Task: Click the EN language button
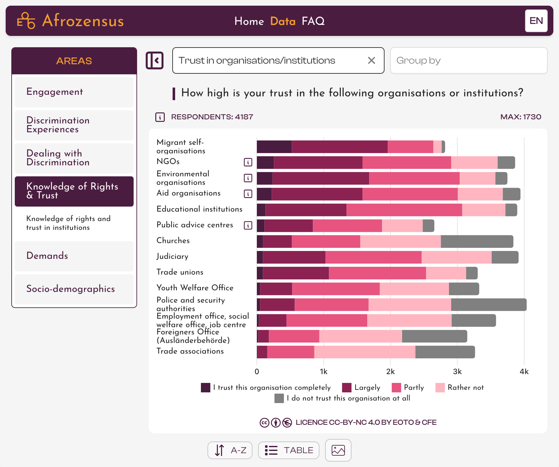pos(536,21)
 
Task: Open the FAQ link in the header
pos(313,21)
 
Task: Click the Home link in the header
pos(249,21)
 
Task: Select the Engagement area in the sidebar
pos(74,92)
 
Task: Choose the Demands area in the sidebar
pos(74,256)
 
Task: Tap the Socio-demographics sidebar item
pos(74,289)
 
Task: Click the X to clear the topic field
pos(371,60)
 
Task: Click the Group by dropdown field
pos(468,60)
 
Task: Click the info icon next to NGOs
pos(248,162)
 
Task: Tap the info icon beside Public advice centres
pos(248,225)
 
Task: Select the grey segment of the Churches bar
pos(477,242)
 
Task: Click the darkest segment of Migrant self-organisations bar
pos(274,147)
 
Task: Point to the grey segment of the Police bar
pos(489,305)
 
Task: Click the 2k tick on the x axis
pos(390,372)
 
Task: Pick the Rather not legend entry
pos(460,387)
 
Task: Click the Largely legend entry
pos(362,387)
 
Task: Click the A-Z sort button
pos(230,450)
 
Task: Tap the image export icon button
pos(338,450)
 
